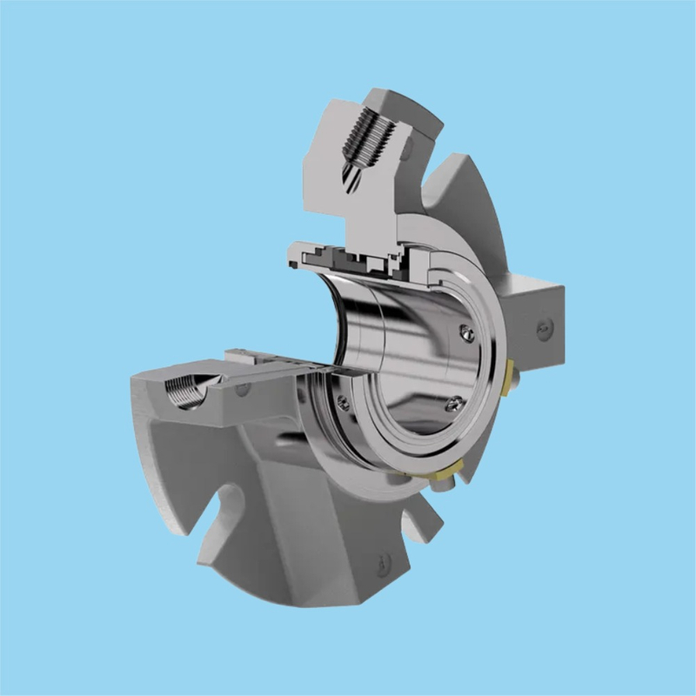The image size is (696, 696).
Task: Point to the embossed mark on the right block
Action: (x=545, y=327)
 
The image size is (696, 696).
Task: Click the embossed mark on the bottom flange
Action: (x=383, y=565)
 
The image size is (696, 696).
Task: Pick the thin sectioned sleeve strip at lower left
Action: (x=278, y=365)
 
